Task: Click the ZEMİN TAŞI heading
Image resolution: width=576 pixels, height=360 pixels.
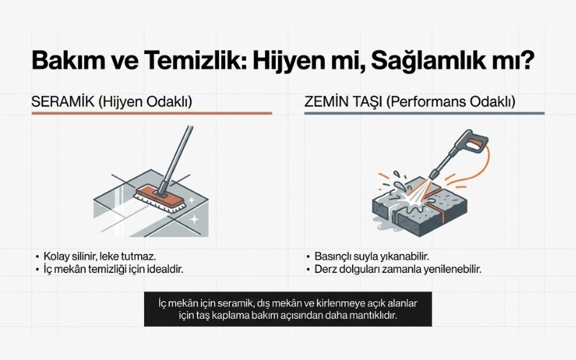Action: [x=343, y=102]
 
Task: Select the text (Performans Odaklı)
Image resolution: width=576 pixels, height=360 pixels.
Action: [x=451, y=102]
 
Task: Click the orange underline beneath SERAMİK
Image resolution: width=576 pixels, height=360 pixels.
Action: [x=151, y=113]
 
